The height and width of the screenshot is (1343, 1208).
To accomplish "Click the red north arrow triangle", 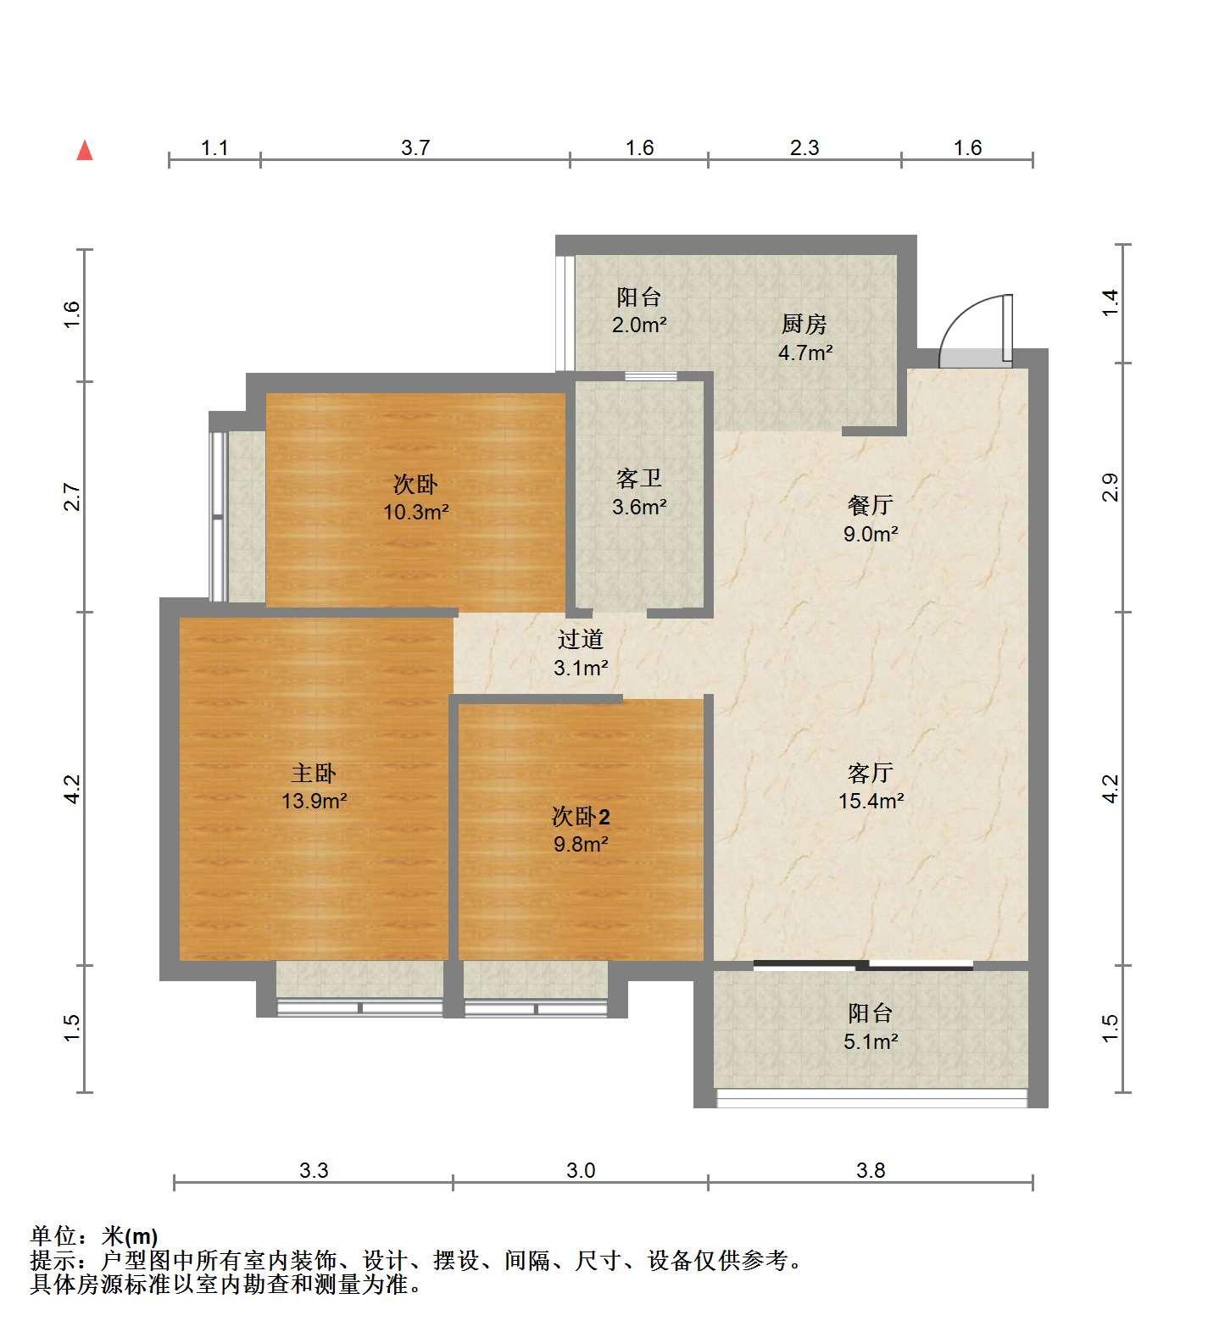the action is pos(85,151).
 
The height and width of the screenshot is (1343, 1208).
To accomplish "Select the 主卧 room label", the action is pos(315,773).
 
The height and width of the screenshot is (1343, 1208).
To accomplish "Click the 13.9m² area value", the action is pos(315,801).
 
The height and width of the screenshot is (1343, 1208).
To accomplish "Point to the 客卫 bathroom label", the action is pos(639,479).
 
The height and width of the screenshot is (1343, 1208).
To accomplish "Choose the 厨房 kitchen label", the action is pos(804,324).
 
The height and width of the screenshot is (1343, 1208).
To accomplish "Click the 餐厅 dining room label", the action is pos(871,505).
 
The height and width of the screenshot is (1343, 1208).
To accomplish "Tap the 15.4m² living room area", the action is pos(871,801).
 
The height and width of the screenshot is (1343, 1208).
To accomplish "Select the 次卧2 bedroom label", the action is pos(581,817).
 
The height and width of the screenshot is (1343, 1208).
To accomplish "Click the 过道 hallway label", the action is pos(581,639).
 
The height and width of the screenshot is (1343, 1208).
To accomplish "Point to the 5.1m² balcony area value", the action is pos(871,1041).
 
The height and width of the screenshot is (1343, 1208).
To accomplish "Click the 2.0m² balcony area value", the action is pos(639,325).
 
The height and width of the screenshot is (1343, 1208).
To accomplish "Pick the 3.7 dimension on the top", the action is pos(415,147).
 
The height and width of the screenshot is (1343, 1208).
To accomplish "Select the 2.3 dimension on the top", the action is pos(804,147).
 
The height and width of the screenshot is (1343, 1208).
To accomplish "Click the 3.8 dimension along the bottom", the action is pos(871,1170).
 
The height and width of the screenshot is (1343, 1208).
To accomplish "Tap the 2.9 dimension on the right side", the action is pos(1111,487).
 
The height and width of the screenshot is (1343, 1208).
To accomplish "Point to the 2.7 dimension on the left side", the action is pos(72,497).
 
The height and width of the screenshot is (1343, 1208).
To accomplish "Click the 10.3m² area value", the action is pos(415,512).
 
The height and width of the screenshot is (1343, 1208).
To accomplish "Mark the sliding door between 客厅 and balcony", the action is pos(863,964).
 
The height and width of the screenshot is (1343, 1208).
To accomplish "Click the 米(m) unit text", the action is pos(130,1236).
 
